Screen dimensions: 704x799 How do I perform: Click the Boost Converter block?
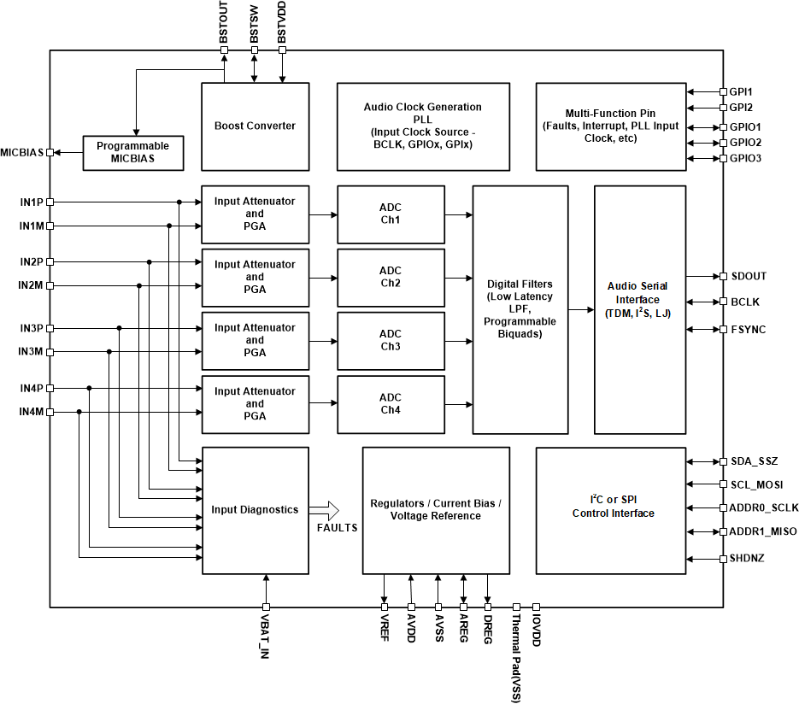coord(255,126)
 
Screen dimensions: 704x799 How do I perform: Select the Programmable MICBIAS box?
coord(132,152)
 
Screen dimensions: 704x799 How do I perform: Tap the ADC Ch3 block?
coord(391,340)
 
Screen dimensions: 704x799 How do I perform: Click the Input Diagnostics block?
coord(255,510)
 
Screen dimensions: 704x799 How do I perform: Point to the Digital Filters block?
coord(520,308)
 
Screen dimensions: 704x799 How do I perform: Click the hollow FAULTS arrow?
coord(324,510)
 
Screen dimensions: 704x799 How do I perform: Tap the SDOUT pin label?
coord(749,276)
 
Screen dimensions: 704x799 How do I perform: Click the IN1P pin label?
coord(31,202)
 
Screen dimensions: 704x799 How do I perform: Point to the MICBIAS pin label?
coord(22,152)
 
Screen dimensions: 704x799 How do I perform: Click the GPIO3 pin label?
coord(746,159)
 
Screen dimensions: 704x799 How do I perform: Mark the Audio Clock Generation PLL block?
coord(422,126)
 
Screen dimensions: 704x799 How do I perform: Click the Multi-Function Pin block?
coord(610,126)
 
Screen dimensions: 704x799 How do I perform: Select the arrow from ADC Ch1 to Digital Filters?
coord(459,214)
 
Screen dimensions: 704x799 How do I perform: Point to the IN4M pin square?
coord(50,413)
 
